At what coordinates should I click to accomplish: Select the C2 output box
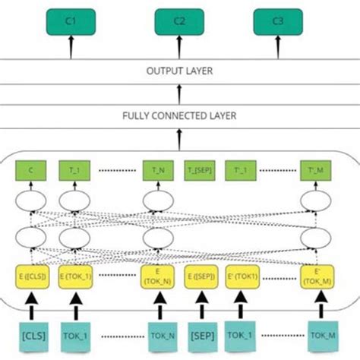[x=178, y=21]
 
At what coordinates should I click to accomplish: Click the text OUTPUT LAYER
[x=179, y=71]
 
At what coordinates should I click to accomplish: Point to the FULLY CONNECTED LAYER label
[x=179, y=116]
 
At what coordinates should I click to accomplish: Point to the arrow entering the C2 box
[x=178, y=47]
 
